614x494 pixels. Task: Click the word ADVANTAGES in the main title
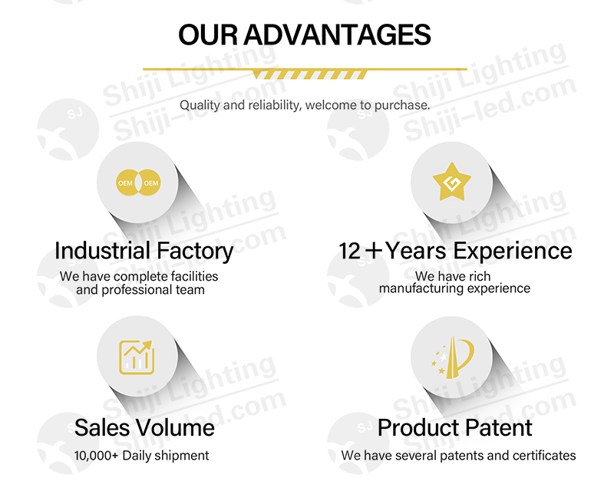pyautogui.click(x=337, y=35)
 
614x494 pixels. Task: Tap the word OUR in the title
pyautogui.click(x=207, y=35)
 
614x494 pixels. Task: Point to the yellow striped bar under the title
pyautogui.click(x=309, y=74)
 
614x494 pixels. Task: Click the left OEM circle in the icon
pyautogui.click(x=126, y=183)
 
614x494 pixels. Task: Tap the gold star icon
pyautogui.click(x=452, y=182)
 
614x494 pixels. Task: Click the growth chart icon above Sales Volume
pyautogui.click(x=137, y=357)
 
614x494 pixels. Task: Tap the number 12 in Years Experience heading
pyautogui.click(x=349, y=251)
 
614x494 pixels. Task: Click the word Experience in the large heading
pyautogui.click(x=510, y=252)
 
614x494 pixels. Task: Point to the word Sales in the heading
pyautogui.click(x=102, y=427)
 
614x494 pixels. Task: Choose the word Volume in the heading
pyautogui.click(x=175, y=427)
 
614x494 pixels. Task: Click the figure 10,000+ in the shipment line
pyautogui.click(x=96, y=456)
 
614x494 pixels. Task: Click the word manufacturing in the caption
pyautogui.click(x=421, y=288)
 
